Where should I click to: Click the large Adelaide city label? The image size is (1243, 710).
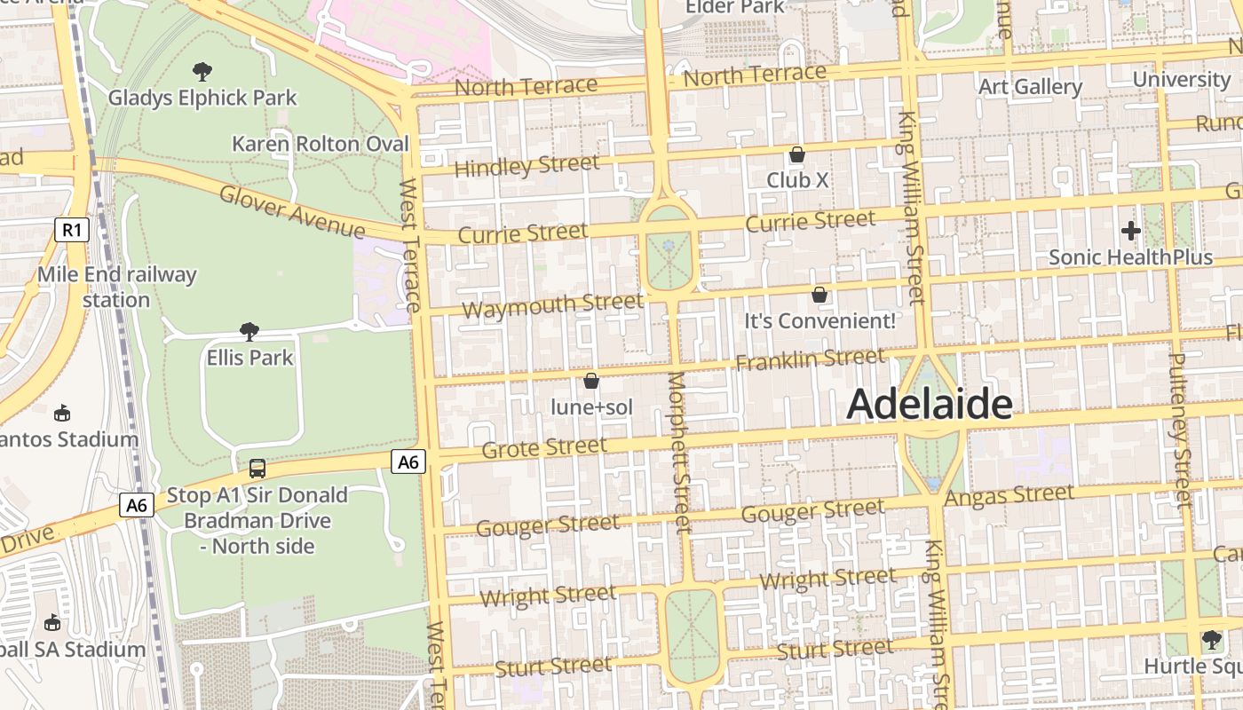(929, 405)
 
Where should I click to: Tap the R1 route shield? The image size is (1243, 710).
(72, 231)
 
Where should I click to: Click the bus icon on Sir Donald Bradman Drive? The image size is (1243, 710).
(257, 468)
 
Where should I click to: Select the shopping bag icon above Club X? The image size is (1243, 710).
(797, 154)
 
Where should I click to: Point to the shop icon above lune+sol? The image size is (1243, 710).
(591, 382)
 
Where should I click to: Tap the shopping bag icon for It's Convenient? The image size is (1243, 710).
(819, 295)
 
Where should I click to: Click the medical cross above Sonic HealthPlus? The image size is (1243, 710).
(1130, 231)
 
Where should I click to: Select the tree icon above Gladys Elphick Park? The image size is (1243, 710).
(202, 71)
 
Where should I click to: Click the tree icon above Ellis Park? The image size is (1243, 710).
(249, 332)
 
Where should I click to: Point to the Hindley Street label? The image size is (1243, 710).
(526, 166)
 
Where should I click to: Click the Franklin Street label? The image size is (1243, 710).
(810, 359)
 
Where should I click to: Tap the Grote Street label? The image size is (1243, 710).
(544, 447)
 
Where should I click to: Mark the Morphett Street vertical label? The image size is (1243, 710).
(678, 453)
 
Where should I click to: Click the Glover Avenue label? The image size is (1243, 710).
(291, 212)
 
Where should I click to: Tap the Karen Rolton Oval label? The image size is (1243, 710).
(321, 144)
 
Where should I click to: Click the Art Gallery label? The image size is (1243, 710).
(1030, 87)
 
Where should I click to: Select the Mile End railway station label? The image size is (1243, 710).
(116, 287)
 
